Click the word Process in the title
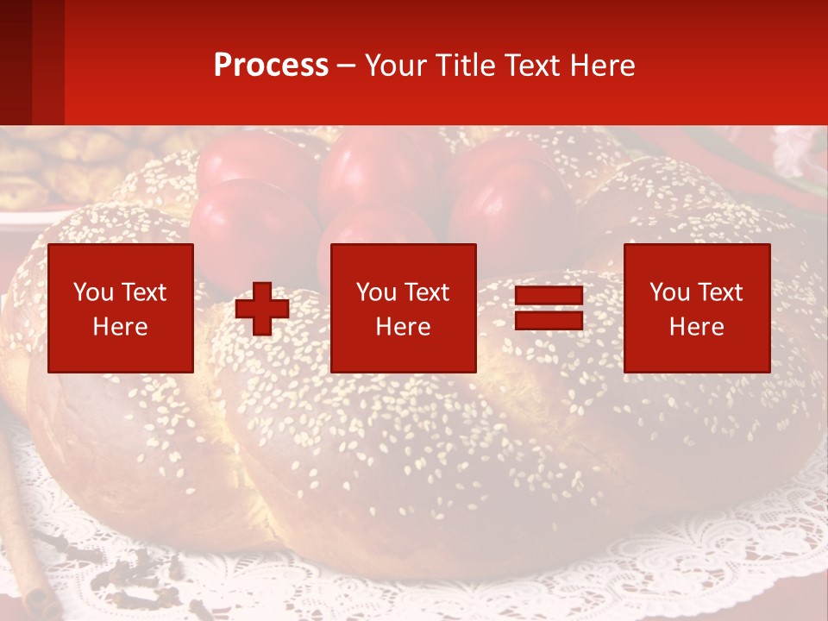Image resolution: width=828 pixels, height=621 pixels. click(x=271, y=66)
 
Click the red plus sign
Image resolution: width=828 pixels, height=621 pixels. click(x=262, y=309)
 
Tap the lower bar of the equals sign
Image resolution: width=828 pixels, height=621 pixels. click(x=549, y=321)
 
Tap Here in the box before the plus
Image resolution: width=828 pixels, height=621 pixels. click(x=121, y=327)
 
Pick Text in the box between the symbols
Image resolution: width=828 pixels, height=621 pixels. click(x=427, y=292)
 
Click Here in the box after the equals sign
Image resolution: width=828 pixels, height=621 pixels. click(x=697, y=327)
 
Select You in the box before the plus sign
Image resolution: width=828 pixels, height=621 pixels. click(x=93, y=292)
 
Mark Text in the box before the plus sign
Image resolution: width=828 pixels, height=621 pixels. click(x=144, y=292)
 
